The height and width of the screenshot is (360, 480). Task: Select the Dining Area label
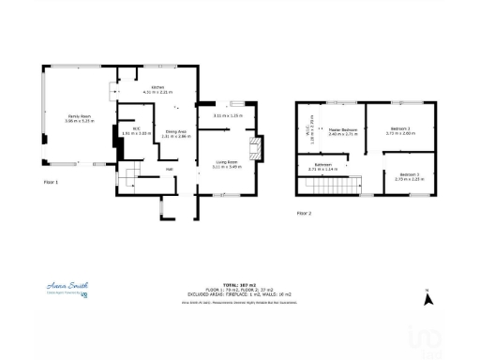coord(176,132)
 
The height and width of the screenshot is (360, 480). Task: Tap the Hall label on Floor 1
coord(171,170)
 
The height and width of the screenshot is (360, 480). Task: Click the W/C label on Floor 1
coord(136,128)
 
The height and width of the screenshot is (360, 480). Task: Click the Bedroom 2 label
coord(400,130)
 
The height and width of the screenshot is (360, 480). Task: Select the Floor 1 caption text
coord(52,182)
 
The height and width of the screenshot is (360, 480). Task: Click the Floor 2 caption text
coord(303,214)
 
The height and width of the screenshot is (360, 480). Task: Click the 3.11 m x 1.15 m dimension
coord(228,115)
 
